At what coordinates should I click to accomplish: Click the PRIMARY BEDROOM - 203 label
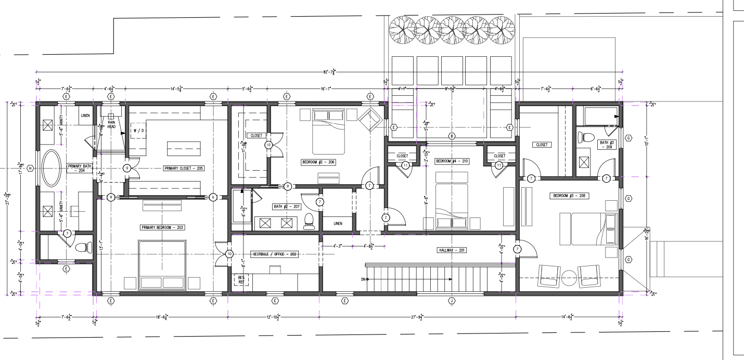click(x=162, y=227)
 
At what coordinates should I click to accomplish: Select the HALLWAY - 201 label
click(x=451, y=250)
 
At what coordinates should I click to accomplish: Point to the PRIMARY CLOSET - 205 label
click(x=183, y=168)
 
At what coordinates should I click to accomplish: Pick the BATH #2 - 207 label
click(x=287, y=207)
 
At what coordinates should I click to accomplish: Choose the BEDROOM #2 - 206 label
click(x=318, y=162)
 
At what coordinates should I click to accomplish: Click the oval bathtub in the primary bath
click(x=51, y=168)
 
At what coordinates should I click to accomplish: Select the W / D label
click(x=138, y=131)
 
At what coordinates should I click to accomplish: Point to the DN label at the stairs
click(x=363, y=279)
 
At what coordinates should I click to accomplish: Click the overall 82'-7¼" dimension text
click(x=329, y=72)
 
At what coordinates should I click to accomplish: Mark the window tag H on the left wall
click(x=30, y=168)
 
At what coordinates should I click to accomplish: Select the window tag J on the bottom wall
click(x=452, y=301)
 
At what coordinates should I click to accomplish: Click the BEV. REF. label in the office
click(x=241, y=279)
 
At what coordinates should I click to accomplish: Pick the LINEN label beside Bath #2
click(x=338, y=223)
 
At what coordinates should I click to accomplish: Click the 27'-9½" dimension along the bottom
click(x=417, y=317)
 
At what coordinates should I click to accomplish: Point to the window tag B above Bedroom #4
click(x=452, y=136)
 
